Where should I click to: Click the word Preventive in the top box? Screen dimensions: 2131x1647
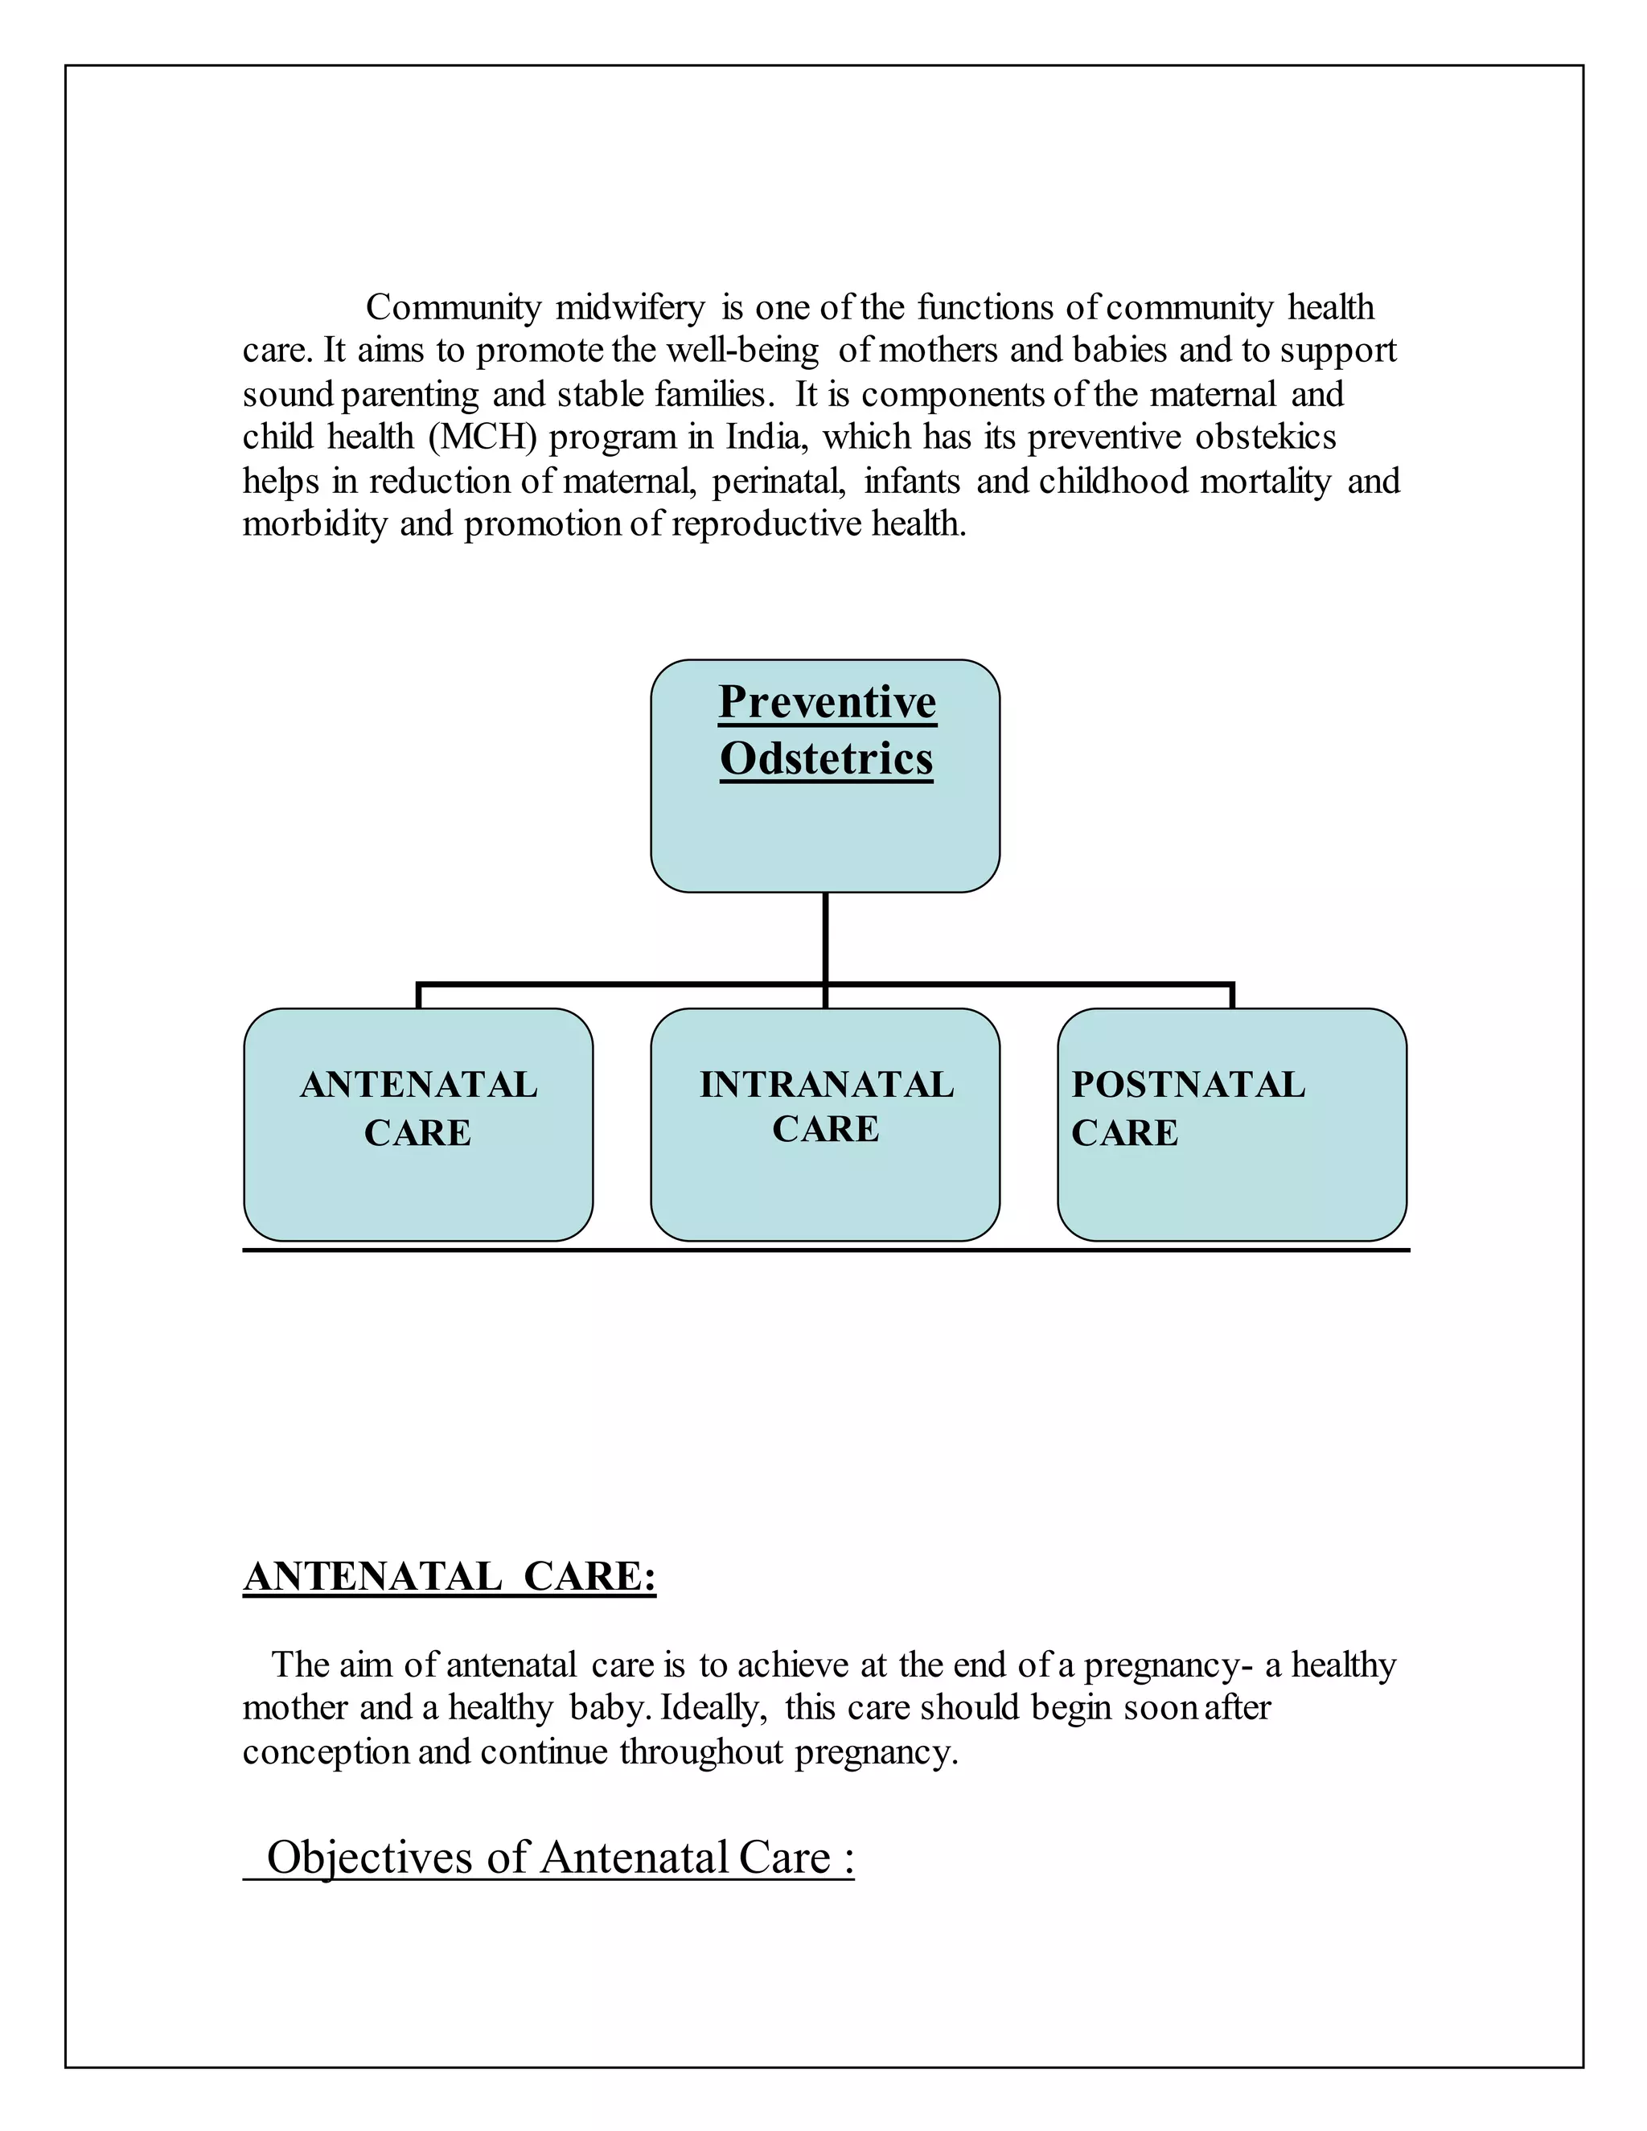pyautogui.click(x=827, y=703)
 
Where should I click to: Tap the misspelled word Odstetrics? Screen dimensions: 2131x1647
pyautogui.click(x=827, y=759)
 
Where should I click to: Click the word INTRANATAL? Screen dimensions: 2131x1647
pyautogui.click(x=827, y=1085)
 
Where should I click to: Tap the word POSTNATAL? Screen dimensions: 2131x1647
pyautogui.click(x=1189, y=1085)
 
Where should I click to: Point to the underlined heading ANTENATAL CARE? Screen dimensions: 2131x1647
pyautogui.click(x=449, y=1577)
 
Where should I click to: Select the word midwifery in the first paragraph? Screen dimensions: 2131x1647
pyautogui.click(x=630, y=308)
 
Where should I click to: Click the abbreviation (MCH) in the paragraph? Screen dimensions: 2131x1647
pyautogui.click(x=483, y=437)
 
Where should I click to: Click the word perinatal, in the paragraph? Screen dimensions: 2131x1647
pyautogui.click(x=778, y=481)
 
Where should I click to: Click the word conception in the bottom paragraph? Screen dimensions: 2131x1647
pyautogui.click(x=326, y=1752)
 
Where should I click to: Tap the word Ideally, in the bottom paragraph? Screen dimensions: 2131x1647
pyautogui.click(x=713, y=1709)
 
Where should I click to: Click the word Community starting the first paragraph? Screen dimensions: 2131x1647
pyautogui.click(x=453, y=308)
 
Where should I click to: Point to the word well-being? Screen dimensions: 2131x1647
pyautogui.click(x=741, y=351)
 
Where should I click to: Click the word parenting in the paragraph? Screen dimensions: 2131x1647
pyautogui.click(x=411, y=395)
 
